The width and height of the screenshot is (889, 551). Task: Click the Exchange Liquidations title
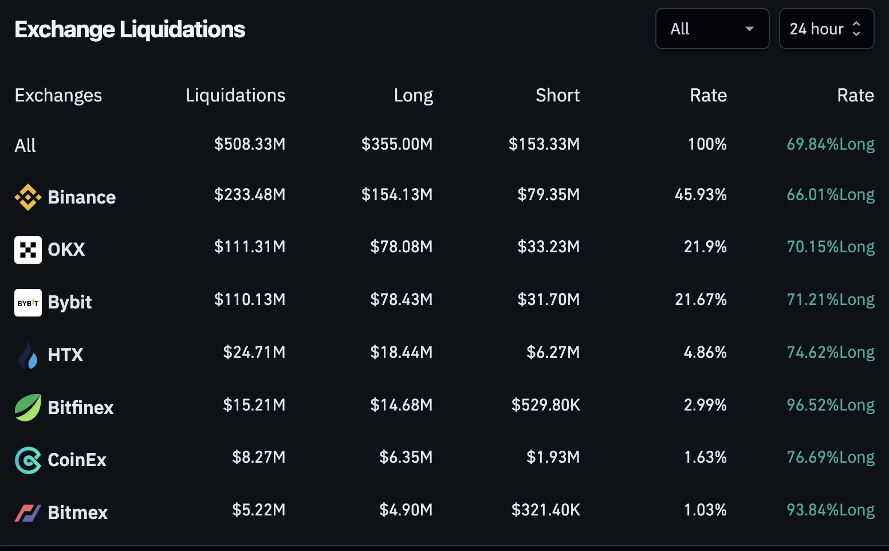click(x=129, y=30)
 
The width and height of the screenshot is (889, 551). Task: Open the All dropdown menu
click(x=712, y=29)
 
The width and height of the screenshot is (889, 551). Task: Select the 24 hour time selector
click(x=826, y=29)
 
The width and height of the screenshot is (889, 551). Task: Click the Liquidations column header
click(x=235, y=95)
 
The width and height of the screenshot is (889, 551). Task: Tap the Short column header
click(x=557, y=95)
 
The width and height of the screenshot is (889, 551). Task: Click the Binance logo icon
click(x=27, y=197)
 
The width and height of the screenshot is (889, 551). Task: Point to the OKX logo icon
click(x=27, y=250)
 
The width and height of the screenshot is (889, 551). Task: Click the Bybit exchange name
click(x=69, y=302)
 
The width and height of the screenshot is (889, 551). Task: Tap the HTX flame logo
click(x=27, y=355)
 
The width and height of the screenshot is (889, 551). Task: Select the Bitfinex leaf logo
click(x=27, y=408)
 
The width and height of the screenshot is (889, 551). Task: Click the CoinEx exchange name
click(x=77, y=460)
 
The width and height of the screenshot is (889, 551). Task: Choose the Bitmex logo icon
click(x=27, y=513)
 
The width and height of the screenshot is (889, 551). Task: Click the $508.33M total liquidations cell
click(x=249, y=144)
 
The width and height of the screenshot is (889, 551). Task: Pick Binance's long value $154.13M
click(x=396, y=195)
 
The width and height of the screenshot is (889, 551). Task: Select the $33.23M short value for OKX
click(x=548, y=247)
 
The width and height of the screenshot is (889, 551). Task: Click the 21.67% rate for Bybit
click(x=700, y=299)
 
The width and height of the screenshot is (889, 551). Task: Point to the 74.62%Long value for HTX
click(x=830, y=352)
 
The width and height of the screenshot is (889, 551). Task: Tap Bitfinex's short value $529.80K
click(x=545, y=405)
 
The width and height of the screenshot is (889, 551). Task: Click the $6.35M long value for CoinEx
click(x=406, y=458)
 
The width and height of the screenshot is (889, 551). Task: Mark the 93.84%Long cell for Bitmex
click(x=830, y=510)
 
